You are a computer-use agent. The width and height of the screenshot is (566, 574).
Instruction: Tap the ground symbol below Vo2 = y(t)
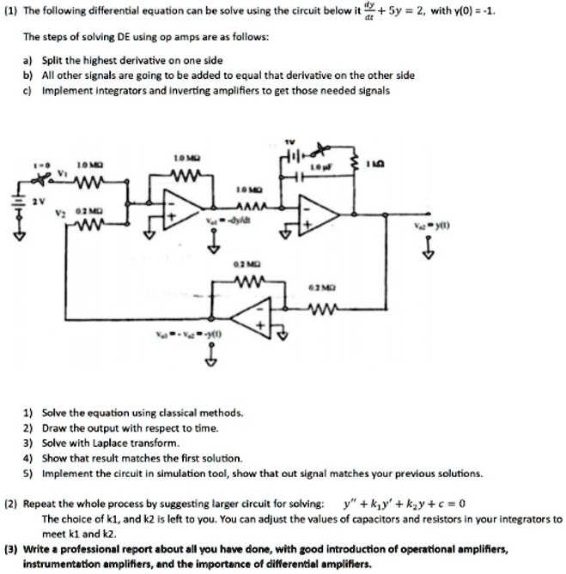click(x=428, y=250)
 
